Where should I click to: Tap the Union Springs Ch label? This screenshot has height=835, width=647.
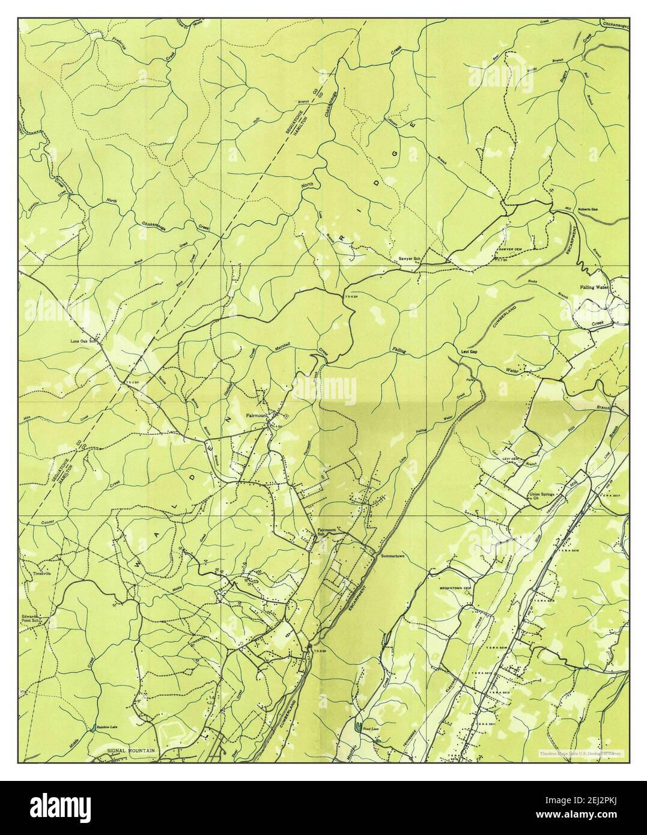click(544, 497)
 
